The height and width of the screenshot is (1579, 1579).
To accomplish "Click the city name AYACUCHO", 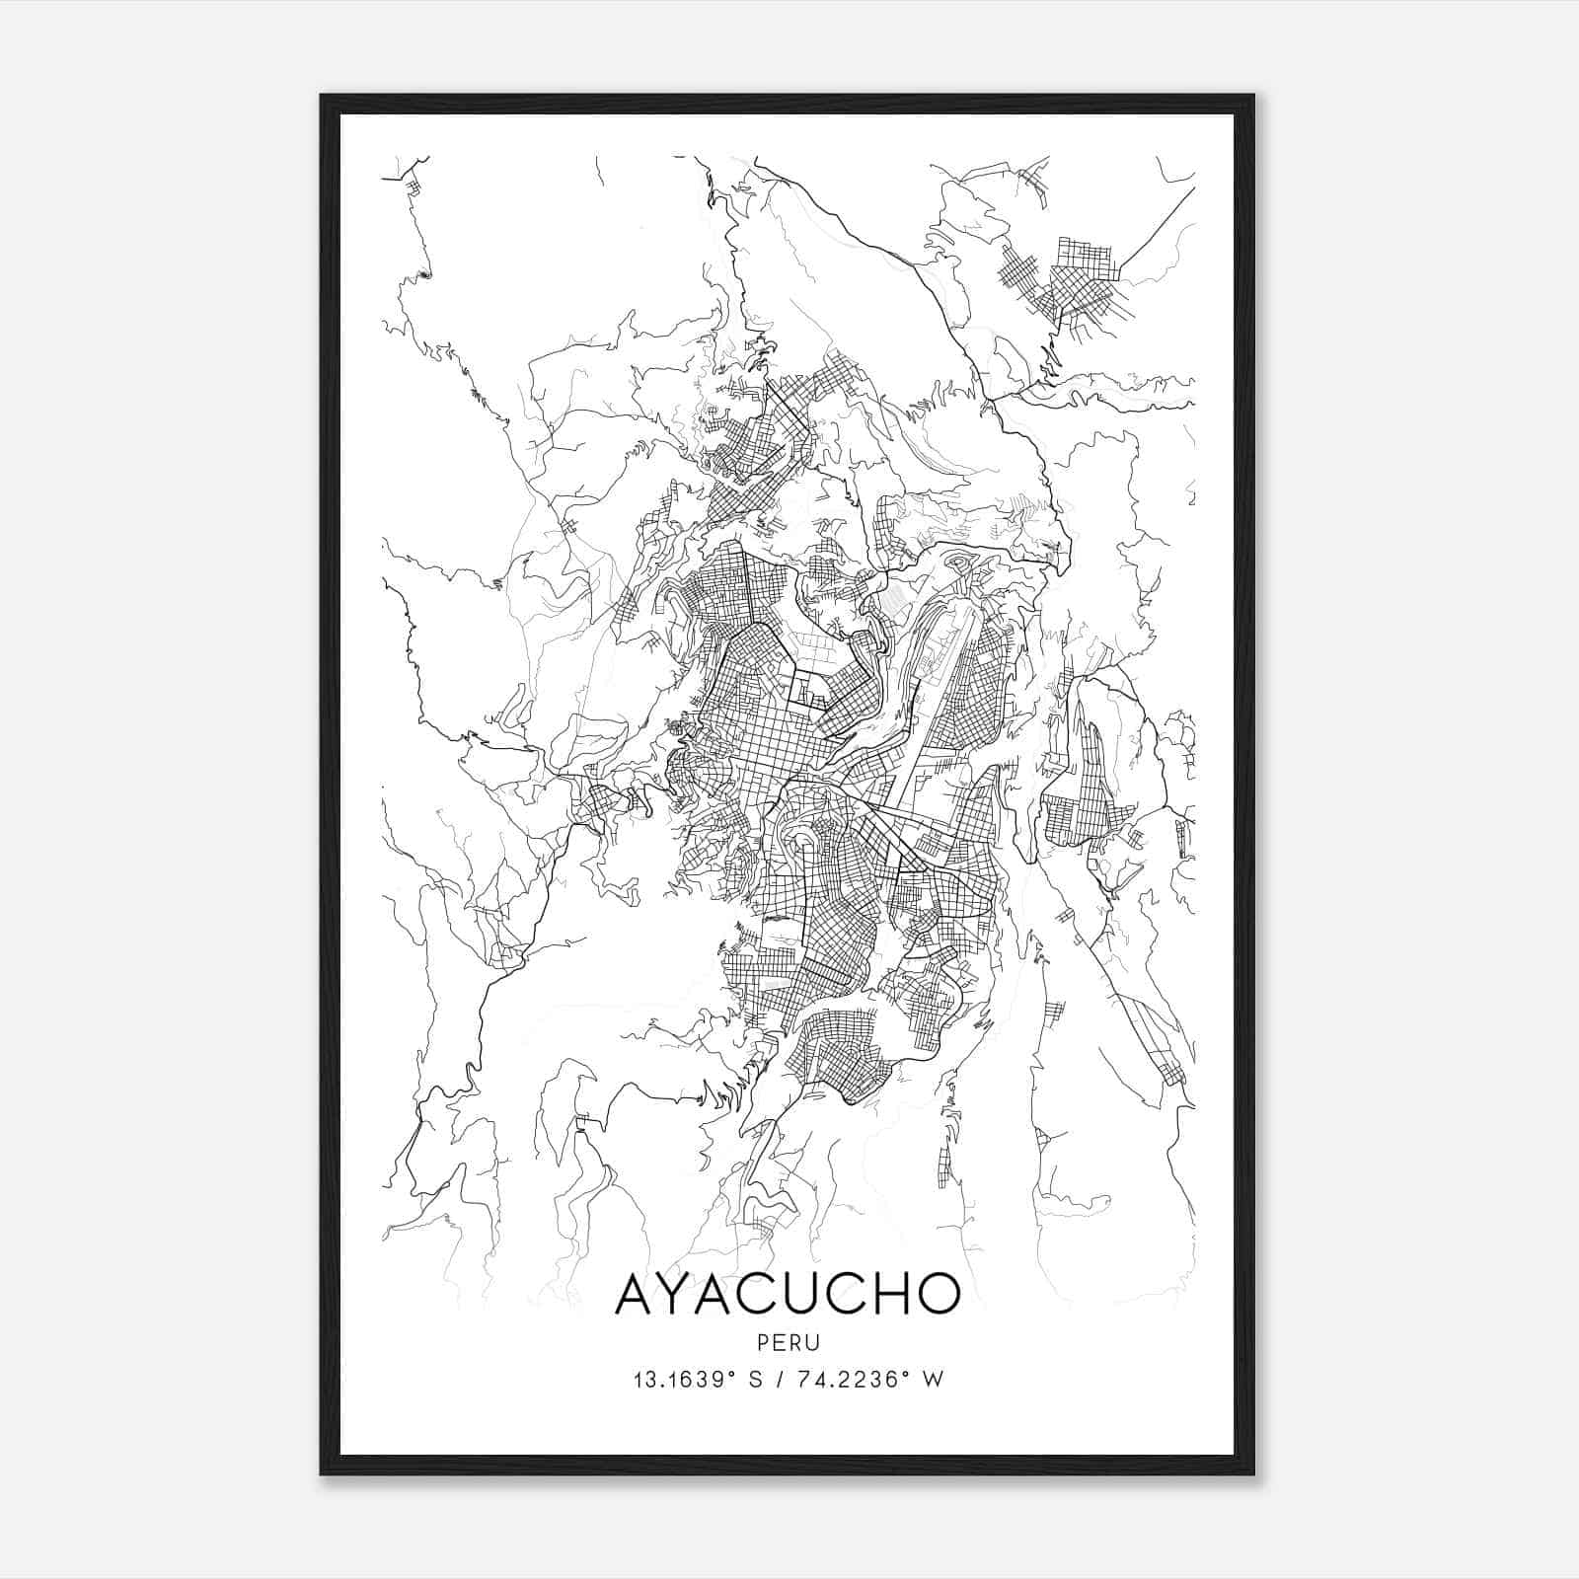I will (788, 1293).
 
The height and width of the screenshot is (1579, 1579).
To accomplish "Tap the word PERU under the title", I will (788, 1343).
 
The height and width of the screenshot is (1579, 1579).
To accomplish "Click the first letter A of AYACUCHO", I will (637, 1293).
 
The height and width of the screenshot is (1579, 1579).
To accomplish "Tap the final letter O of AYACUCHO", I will (938, 1293).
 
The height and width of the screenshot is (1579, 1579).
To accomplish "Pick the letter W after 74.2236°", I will (934, 1380).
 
